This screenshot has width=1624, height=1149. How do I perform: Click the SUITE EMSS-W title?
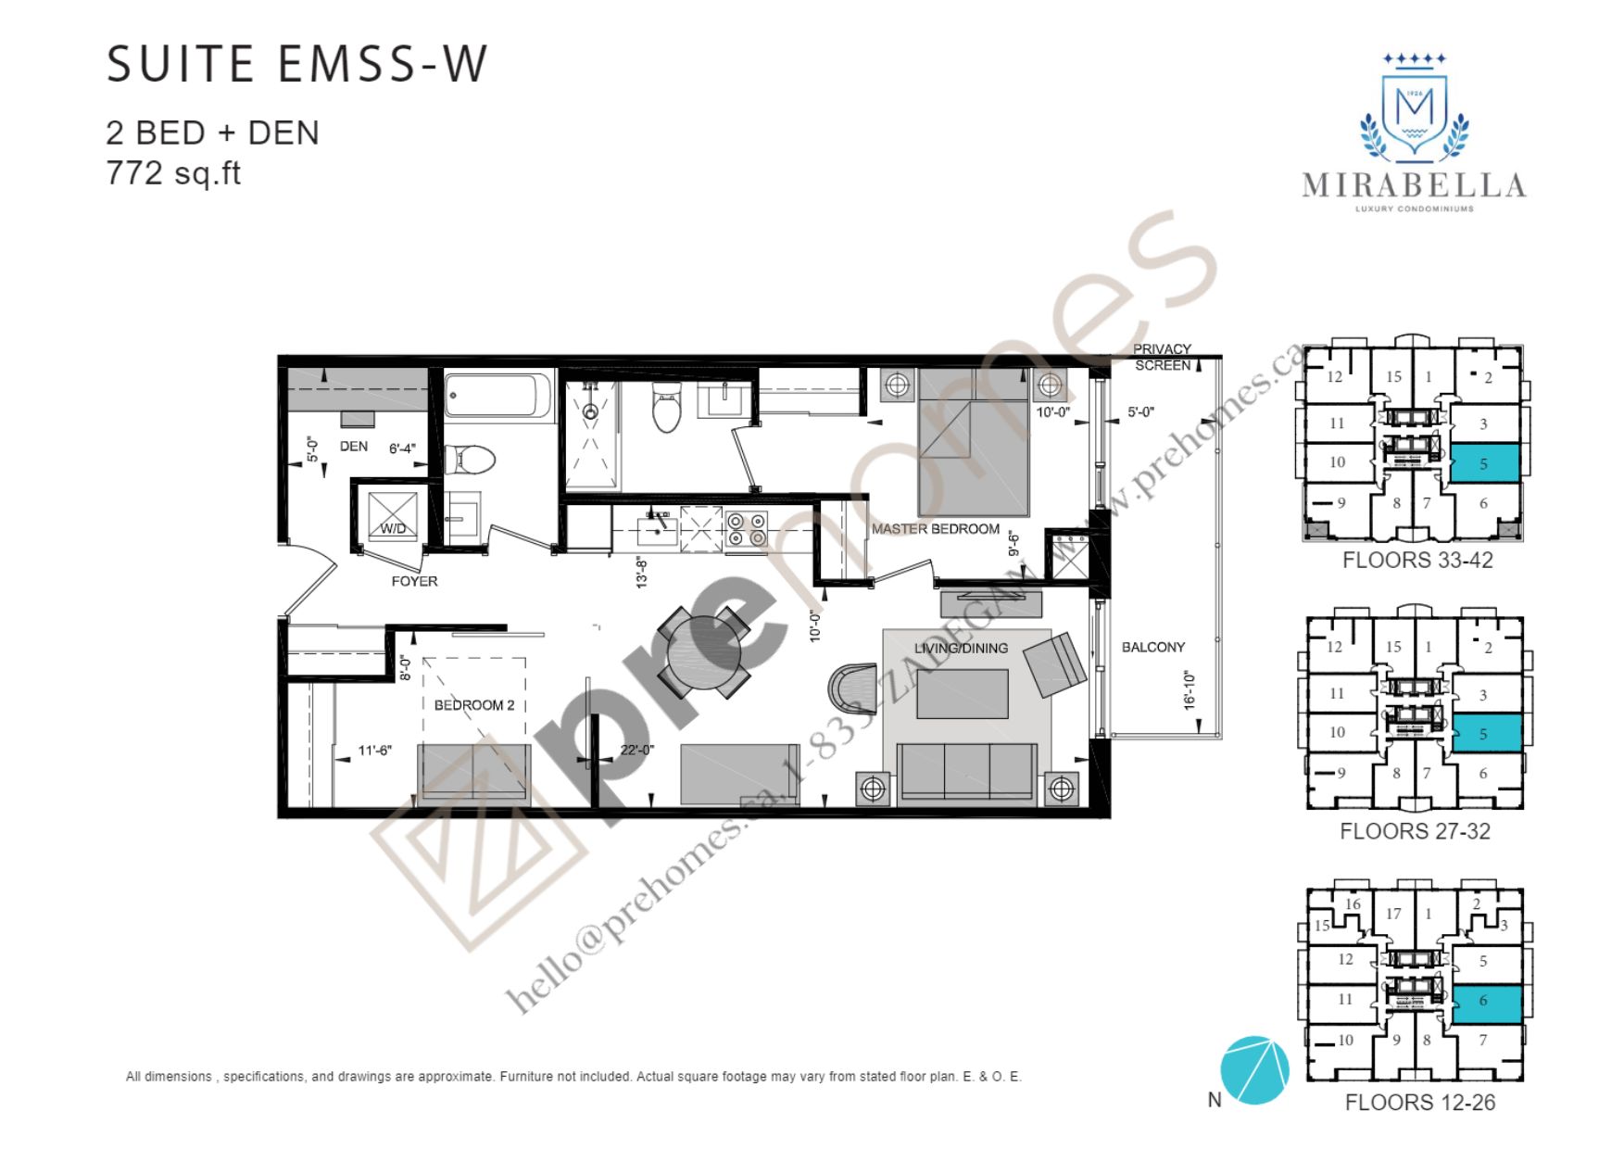296,65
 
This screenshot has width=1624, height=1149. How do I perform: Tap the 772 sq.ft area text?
173,173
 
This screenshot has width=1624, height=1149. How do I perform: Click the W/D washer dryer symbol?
394,516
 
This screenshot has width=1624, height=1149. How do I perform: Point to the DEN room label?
354,447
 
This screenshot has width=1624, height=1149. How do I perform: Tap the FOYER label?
414,582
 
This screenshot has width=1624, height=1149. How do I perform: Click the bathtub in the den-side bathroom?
498,396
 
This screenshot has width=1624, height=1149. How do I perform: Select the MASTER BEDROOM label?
936,529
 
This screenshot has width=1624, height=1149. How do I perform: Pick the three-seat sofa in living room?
966,771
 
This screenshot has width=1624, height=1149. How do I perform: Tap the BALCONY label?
1153,648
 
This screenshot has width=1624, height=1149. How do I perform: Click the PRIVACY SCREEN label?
1163,358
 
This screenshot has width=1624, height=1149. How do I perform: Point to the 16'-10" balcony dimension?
1190,691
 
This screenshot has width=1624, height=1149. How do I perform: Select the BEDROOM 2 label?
474,705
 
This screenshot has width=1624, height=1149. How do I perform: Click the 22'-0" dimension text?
637,750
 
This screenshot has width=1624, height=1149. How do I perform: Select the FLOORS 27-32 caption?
1415,831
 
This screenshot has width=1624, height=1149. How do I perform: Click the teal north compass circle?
1254,1070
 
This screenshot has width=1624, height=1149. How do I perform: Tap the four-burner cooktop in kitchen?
747,529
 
